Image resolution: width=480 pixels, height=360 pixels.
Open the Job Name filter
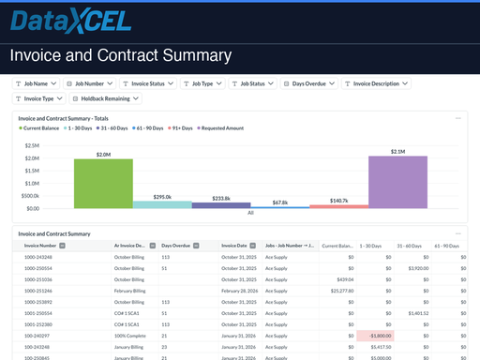(37, 83)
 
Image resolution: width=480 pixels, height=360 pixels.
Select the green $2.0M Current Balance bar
(102, 183)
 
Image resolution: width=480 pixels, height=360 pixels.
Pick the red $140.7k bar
(338, 205)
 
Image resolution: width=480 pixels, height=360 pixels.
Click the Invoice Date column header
(236, 245)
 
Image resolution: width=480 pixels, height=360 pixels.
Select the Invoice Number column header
(43, 245)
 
